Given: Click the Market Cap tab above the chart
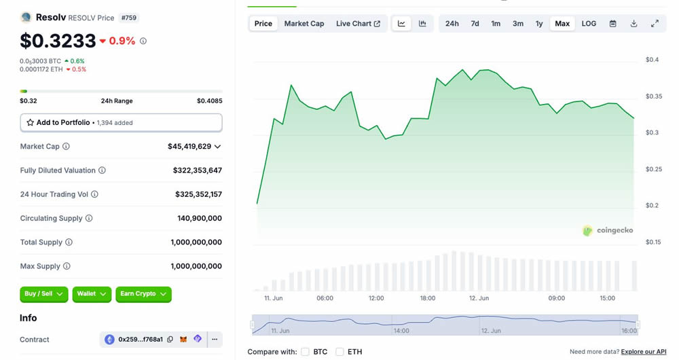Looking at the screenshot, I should click(x=304, y=24).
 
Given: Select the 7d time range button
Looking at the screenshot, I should click(x=475, y=24).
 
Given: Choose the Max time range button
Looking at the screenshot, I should click(x=562, y=24).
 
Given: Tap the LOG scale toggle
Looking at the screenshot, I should click(x=589, y=24).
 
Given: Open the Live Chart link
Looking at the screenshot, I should click(x=358, y=24).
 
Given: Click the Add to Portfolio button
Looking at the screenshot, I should click(x=121, y=123).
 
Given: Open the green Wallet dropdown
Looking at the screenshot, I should click(x=91, y=294).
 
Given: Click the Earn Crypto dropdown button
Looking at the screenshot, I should click(x=143, y=294).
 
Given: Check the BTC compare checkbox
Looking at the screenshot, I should click(x=306, y=352).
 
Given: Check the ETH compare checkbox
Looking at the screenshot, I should click(x=339, y=352).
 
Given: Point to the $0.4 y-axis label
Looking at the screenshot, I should click(x=653, y=60).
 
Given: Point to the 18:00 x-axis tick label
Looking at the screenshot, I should click(x=428, y=298).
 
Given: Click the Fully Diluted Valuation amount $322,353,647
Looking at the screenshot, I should click(x=197, y=170).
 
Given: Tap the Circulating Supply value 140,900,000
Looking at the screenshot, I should click(x=200, y=219).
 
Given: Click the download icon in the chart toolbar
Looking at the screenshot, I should click(x=634, y=24).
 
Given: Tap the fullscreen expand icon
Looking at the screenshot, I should click(x=655, y=24).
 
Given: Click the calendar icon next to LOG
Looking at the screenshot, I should click(x=612, y=24).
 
